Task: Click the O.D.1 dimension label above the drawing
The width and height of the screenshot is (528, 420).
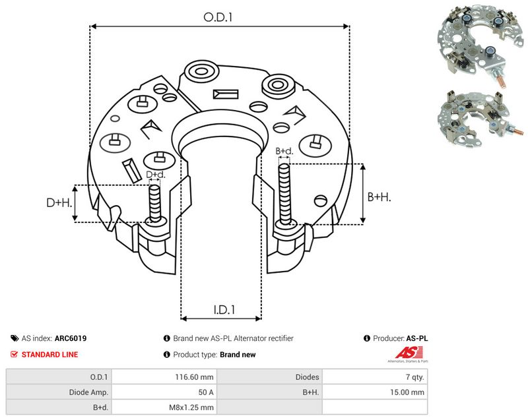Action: (218, 17)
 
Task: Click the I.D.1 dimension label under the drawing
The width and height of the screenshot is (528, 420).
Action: (224, 310)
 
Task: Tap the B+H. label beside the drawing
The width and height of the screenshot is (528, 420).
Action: (379, 196)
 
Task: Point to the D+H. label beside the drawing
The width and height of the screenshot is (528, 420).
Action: (59, 202)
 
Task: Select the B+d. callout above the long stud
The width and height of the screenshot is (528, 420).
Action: (284, 151)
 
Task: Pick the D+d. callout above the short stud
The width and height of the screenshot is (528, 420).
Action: (156, 175)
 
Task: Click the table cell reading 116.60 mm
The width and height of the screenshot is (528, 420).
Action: (194, 377)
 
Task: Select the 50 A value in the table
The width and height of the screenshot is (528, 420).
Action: (206, 392)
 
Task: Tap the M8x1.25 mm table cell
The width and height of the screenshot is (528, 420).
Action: (191, 407)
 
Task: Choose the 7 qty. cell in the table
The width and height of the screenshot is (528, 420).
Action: (415, 377)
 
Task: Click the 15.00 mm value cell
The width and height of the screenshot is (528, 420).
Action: (407, 392)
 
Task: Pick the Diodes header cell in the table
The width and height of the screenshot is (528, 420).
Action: (307, 377)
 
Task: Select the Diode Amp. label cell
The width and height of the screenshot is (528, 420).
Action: (88, 392)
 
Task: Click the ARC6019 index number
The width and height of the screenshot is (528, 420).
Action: (71, 338)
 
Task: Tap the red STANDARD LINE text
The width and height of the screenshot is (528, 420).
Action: (50, 355)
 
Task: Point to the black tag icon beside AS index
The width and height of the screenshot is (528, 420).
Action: (15, 338)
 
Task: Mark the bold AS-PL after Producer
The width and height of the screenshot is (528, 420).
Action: (417, 338)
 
